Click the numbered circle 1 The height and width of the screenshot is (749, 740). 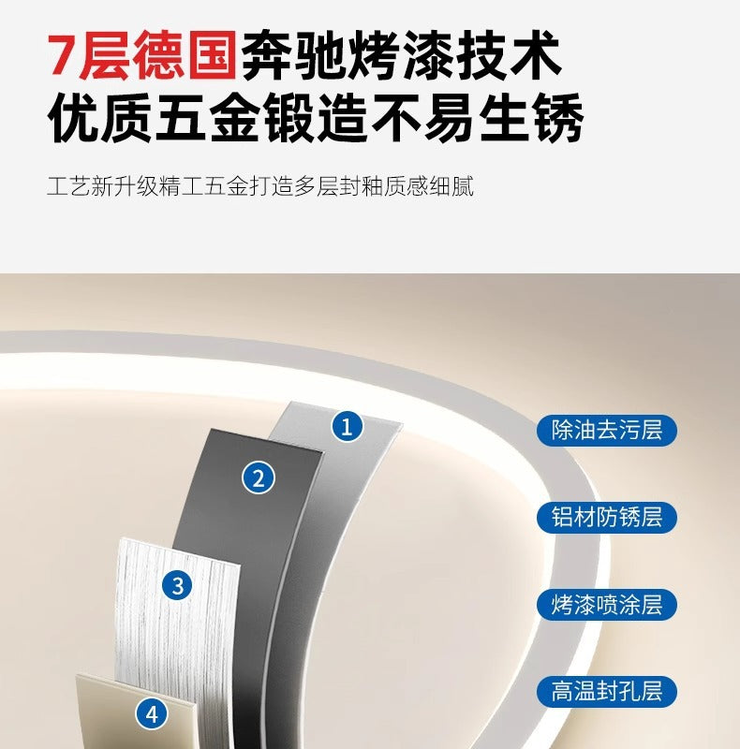[x=348, y=427]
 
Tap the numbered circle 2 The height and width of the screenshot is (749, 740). [x=259, y=478]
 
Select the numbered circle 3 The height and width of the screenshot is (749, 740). [x=177, y=586]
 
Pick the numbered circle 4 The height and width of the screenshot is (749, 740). [x=152, y=715]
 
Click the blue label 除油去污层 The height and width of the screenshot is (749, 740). [x=607, y=431]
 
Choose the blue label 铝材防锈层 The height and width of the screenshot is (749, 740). [x=607, y=517]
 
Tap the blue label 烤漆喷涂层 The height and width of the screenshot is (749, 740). [x=607, y=605]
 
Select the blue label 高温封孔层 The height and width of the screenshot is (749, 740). [x=607, y=693]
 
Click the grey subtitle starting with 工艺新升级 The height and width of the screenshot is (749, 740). [x=260, y=185]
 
